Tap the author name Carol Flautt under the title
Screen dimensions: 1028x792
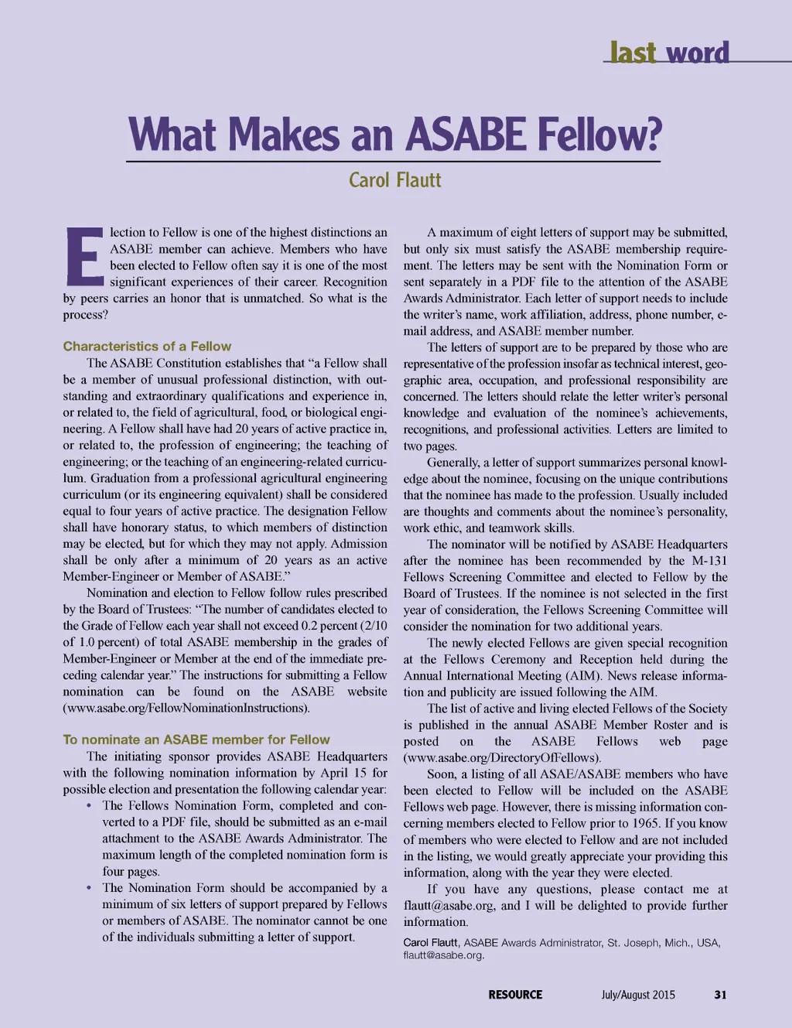(394, 180)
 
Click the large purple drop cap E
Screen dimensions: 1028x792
(83, 255)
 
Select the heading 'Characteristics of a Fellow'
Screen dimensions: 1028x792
(147, 347)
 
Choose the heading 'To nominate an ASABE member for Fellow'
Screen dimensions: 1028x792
(196, 739)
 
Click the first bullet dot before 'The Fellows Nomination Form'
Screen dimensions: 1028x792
(90, 806)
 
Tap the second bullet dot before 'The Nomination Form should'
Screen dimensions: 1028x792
(90, 888)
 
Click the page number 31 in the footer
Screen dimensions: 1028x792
(720, 995)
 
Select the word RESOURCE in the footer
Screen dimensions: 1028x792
(515, 995)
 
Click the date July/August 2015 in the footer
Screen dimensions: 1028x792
(638, 995)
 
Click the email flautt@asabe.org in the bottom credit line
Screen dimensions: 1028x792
(442, 955)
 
